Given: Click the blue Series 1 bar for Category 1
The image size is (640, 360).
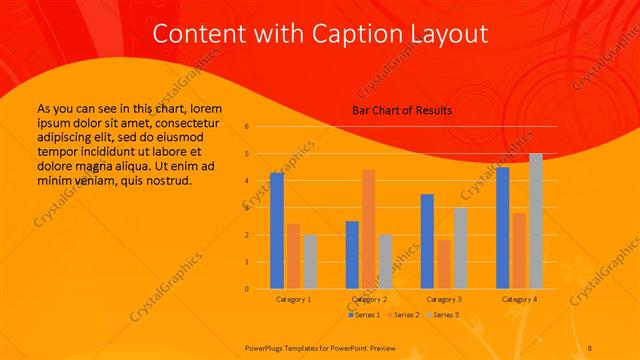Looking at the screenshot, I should (276, 231).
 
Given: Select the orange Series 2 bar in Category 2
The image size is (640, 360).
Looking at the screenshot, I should (369, 229).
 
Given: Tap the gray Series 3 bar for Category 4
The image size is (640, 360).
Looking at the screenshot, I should (536, 221).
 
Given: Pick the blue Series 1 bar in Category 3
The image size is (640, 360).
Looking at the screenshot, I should (427, 241).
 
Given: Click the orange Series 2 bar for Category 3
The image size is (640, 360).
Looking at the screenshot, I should (444, 264).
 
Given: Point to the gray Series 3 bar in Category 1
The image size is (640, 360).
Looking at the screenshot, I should (310, 262).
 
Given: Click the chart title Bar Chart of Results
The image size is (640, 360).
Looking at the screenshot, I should (402, 109).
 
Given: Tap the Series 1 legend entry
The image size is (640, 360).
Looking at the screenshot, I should (363, 315).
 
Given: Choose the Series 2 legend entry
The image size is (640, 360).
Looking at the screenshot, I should (403, 315).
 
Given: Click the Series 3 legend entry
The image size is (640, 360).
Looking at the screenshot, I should (443, 315).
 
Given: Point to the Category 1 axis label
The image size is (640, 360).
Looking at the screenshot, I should (293, 299).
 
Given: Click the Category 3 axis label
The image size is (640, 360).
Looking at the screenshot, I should (444, 299).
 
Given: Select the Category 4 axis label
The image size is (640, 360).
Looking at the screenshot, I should (519, 299).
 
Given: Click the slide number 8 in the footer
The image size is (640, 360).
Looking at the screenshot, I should (590, 346).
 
